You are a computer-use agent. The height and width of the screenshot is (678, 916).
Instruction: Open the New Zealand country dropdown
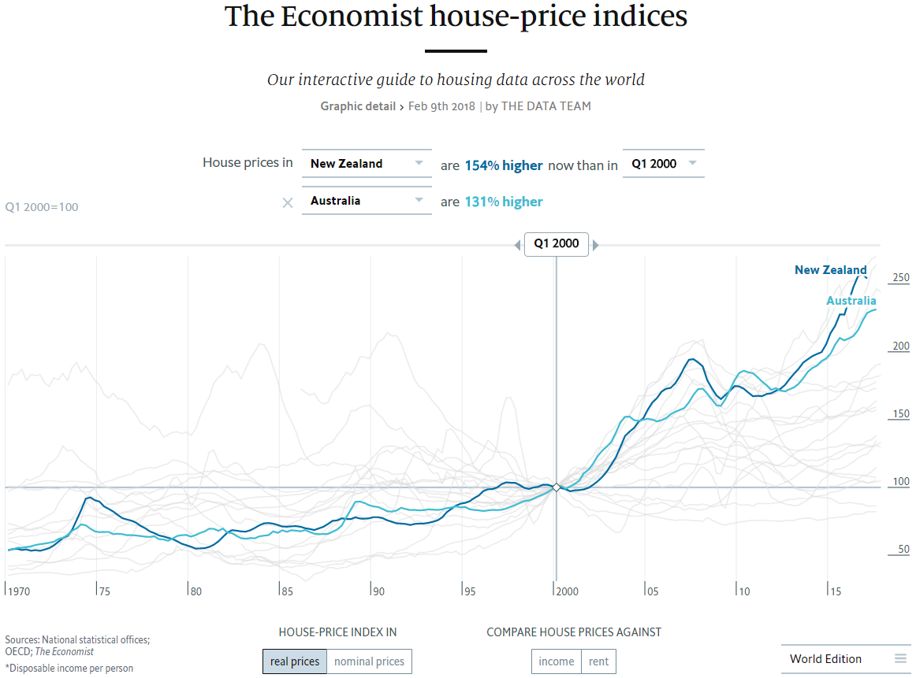[367, 164]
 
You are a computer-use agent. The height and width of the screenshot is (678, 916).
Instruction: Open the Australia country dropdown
[367, 201]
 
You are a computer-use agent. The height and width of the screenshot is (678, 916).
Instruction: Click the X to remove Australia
[288, 202]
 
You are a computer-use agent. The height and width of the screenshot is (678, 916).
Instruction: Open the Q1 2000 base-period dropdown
[663, 164]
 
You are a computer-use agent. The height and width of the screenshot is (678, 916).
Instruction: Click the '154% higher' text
[503, 165]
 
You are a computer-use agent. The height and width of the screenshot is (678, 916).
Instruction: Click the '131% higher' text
[503, 202]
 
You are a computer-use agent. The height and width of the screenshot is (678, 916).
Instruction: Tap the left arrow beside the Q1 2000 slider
[517, 245]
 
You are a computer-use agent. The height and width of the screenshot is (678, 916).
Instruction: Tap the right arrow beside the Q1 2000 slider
[596, 245]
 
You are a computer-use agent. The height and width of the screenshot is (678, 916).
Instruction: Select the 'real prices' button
[294, 661]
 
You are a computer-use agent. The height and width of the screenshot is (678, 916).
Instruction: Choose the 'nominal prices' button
[369, 661]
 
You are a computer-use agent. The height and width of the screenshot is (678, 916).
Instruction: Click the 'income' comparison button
[557, 661]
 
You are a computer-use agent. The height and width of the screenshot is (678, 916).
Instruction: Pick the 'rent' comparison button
[598, 661]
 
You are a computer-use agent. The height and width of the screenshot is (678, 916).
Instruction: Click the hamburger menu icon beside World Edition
[900, 659]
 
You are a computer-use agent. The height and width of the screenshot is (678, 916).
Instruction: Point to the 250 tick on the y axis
[900, 278]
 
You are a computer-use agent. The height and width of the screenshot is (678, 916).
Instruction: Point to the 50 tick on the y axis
[903, 550]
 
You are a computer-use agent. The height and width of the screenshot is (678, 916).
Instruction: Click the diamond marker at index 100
[556, 487]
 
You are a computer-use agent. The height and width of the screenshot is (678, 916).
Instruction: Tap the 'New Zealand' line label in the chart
[830, 270]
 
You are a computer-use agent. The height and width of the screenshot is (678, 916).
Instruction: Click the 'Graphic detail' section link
[358, 106]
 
